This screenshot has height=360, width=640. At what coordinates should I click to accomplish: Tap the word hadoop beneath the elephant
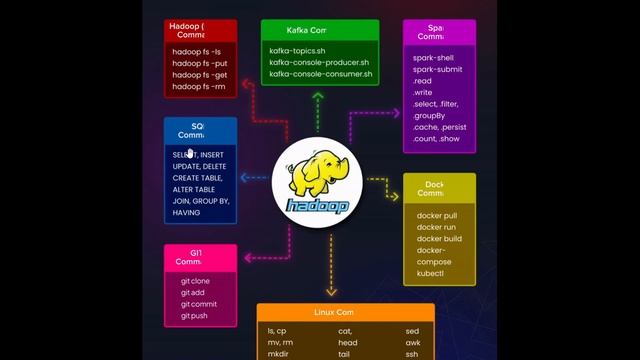coord(317,206)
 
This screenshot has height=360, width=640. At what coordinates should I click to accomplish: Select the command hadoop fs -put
coord(199,63)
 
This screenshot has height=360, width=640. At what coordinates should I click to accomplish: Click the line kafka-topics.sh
coord(299,50)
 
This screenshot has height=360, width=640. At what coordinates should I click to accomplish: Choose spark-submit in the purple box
coord(437,69)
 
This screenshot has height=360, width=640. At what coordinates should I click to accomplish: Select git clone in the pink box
coord(196,281)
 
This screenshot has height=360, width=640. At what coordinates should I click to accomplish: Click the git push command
coord(195,316)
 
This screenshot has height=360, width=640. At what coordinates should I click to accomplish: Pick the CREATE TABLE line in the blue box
coord(200,178)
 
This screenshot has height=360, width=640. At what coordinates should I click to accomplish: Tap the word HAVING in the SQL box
coord(186,213)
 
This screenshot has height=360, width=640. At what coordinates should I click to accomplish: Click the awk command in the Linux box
coord(413,342)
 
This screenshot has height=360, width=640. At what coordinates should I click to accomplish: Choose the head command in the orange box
coord(347,342)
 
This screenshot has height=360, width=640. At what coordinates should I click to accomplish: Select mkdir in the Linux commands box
coord(278,354)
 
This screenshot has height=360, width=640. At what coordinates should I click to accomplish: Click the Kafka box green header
coord(319,30)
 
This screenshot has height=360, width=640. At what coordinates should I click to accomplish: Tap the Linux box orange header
coord(345,313)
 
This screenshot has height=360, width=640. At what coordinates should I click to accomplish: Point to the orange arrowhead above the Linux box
coord(330,293)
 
